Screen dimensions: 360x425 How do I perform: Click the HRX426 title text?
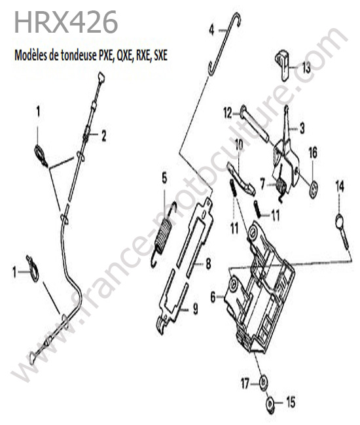point(66,22)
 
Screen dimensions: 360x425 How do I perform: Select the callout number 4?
point(211,30)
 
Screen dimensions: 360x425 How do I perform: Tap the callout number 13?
point(306,68)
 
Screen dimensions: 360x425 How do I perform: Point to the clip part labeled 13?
point(283,65)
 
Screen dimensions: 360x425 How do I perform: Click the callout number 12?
point(228,113)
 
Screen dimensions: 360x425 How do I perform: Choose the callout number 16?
point(312,153)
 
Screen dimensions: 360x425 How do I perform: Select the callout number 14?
point(340,186)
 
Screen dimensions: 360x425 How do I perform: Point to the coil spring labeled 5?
point(164,233)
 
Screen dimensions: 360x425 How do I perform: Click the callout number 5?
point(164,178)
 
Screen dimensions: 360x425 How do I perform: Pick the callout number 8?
point(208,263)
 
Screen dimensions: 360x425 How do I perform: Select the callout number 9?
point(195,309)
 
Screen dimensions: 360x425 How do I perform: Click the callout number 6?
point(213,297)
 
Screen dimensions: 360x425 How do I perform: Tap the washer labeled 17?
point(263,383)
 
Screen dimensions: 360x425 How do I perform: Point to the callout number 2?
point(103,136)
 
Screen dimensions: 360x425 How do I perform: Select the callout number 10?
point(239,145)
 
